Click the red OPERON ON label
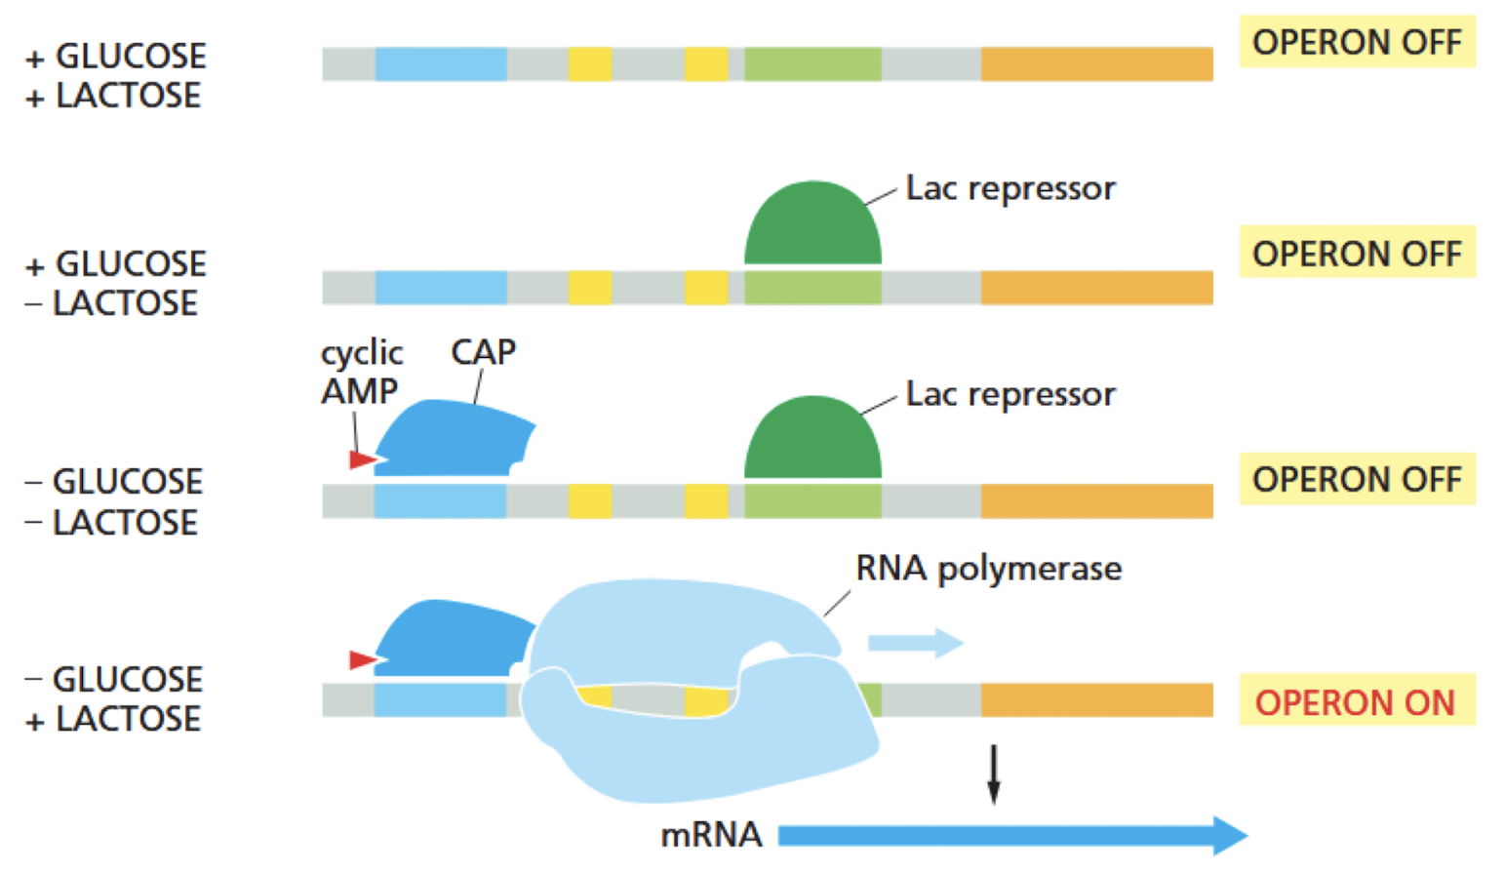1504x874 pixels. click(x=1355, y=701)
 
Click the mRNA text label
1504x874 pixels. click(x=711, y=835)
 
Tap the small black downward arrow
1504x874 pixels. click(x=993, y=775)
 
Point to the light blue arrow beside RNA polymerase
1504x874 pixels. click(x=915, y=643)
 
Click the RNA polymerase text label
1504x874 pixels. click(x=988, y=568)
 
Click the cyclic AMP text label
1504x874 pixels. click(x=361, y=372)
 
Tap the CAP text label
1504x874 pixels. click(x=483, y=351)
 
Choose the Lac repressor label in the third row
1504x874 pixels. click(x=1009, y=394)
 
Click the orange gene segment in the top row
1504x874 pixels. click(x=1096, y=64)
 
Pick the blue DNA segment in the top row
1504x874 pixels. click(x=441, y=64)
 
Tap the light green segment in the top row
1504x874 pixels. click(x=812, y=64)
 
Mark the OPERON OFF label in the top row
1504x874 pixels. click(x=1357, y=42)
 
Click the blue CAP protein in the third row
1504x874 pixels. click(x=453, y=438)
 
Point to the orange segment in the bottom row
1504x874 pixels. click(x=1096, y=699)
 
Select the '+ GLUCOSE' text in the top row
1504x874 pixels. click(x=116, y=57)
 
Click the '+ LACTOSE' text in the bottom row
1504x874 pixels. click(x=114, y=720)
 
